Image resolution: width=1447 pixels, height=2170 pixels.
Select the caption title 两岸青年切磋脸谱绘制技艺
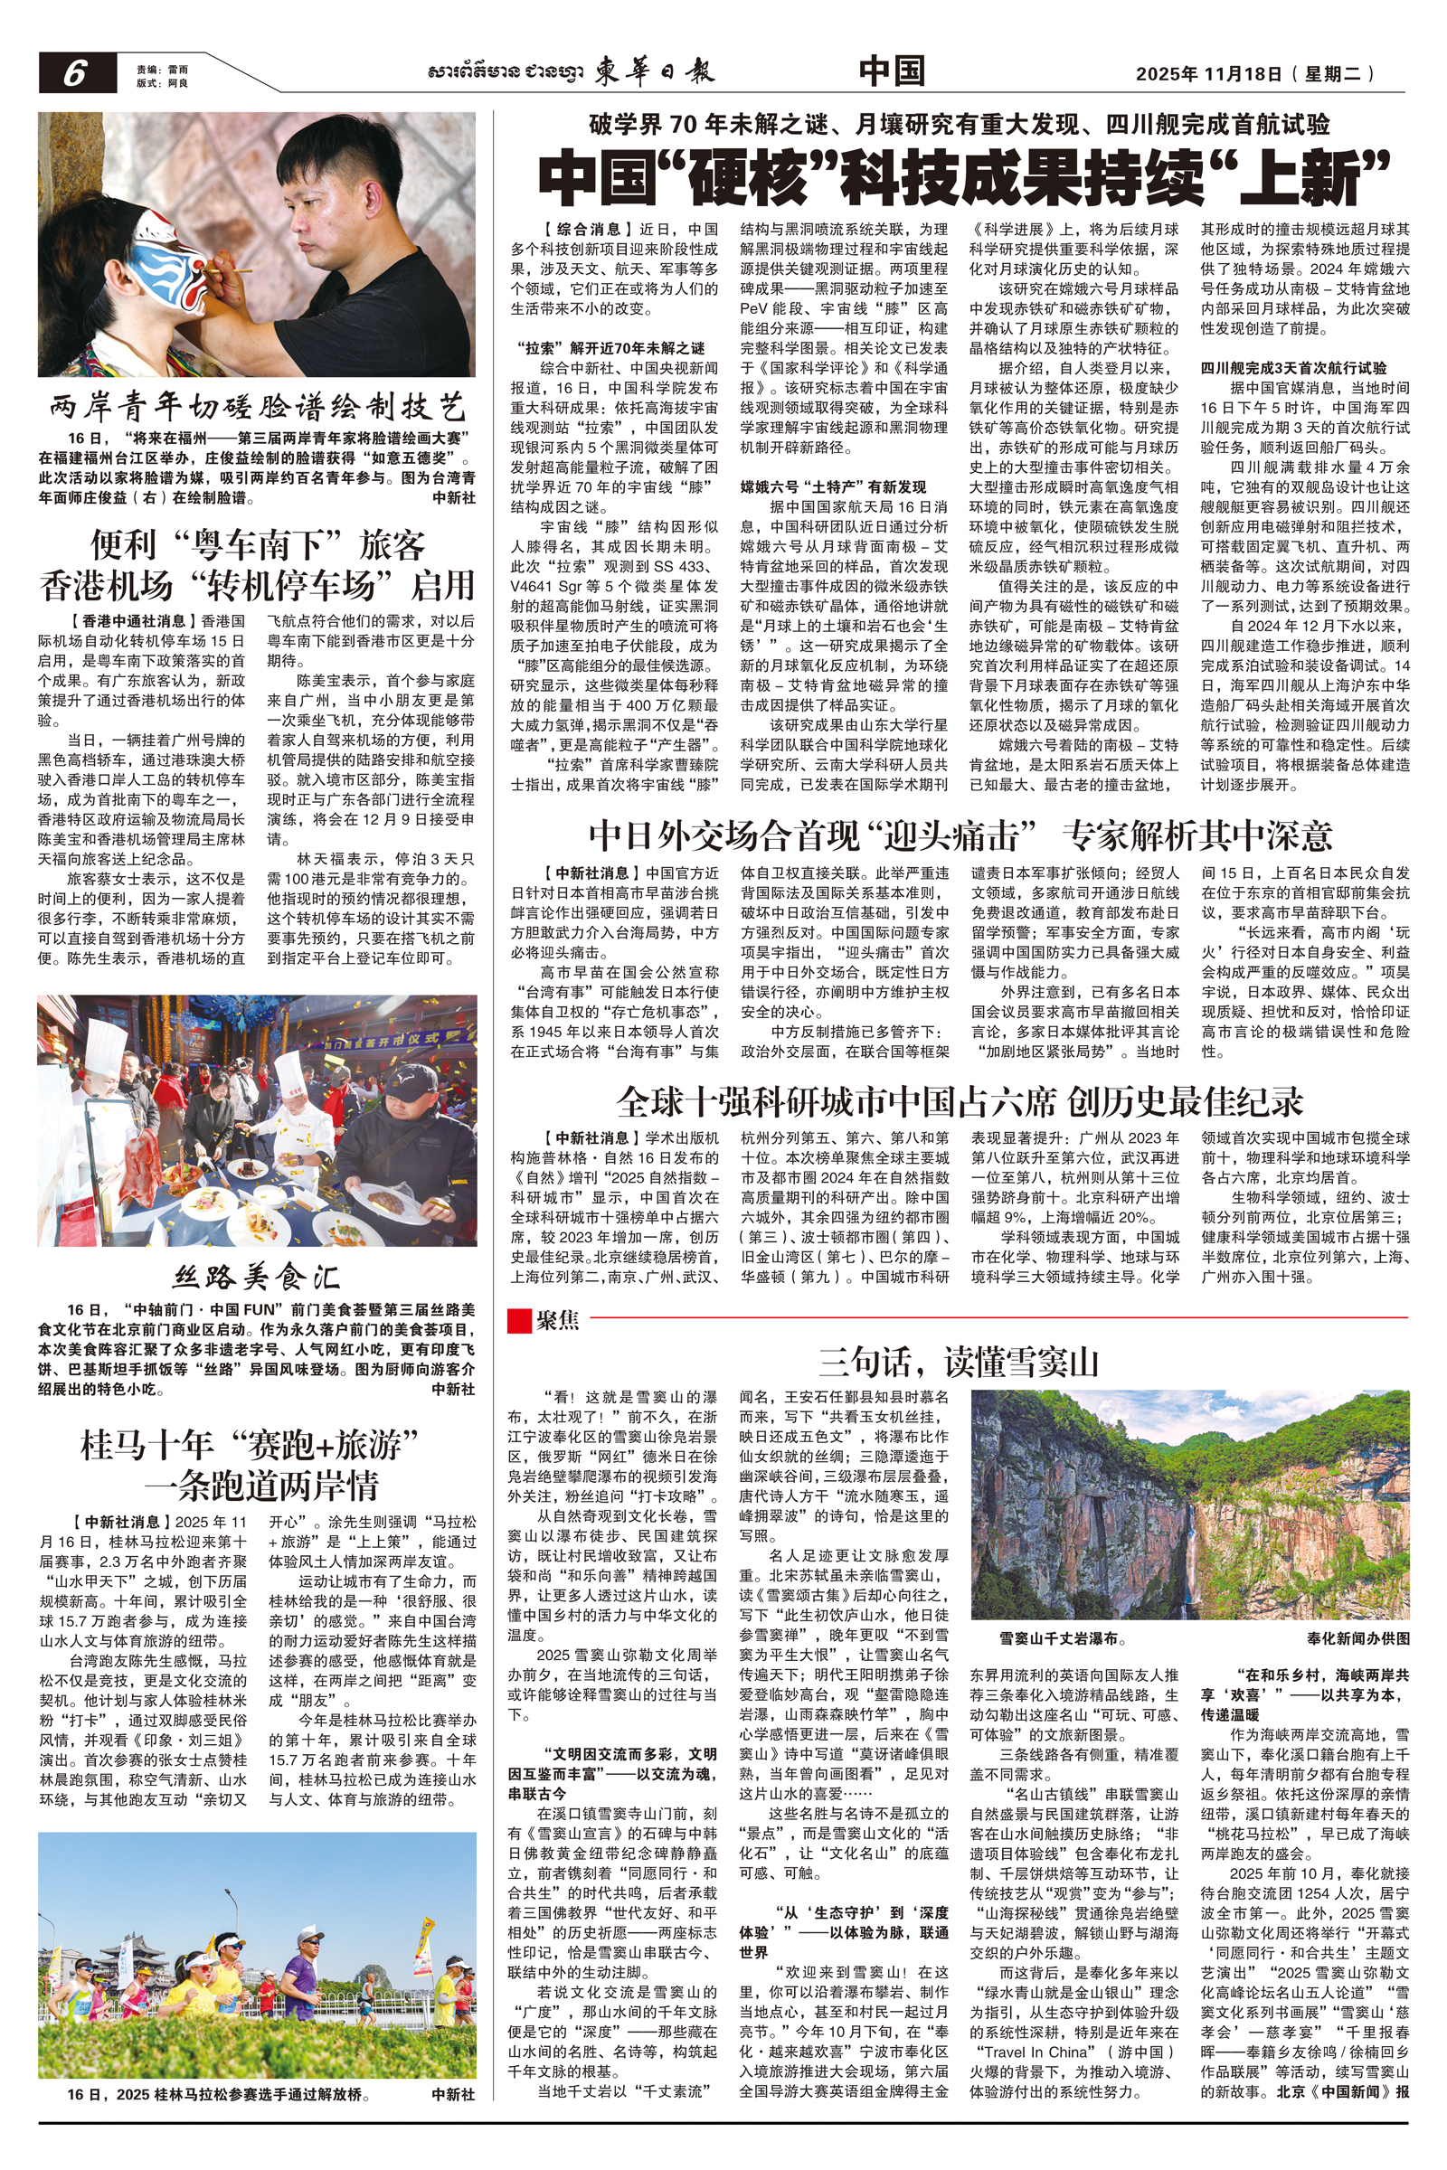[x=258, y=406]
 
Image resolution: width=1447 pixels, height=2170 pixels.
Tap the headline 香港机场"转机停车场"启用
[x=258, y=586]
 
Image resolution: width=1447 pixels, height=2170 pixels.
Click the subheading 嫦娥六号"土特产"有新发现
[x=832, y=487]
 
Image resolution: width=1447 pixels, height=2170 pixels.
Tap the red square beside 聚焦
[x=518, y=1320]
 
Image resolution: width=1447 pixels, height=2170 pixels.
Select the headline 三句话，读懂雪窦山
[x=959, y=1362]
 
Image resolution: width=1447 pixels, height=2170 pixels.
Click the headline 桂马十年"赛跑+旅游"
[x=251, y=1445]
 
